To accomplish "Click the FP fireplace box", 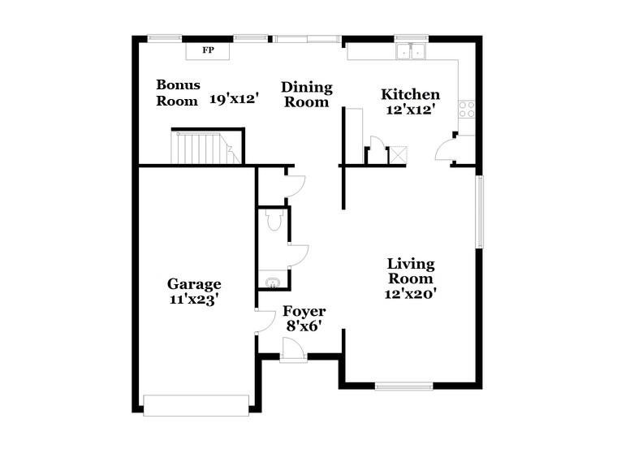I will click(x=208, y=51).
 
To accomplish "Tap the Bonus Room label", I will click(x=178, y=93).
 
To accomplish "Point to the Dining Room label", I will click(x=307, y=95).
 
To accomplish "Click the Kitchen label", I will click(x=411, y=95).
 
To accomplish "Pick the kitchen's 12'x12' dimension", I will click(x=411, y=111).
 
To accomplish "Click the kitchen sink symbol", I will click(x=412, y=53).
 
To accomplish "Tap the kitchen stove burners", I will click(x=467, y=110).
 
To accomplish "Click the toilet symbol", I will click(x=274, y=219).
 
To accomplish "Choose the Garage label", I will click(x=194, y=284).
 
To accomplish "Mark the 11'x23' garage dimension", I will click(x=194, y=299).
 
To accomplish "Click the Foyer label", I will click(x=304, y=312).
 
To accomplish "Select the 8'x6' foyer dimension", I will click(x=304, y=326).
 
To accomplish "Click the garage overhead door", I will click(x=196, y=404).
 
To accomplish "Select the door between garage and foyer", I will click(x=265, y=322).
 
